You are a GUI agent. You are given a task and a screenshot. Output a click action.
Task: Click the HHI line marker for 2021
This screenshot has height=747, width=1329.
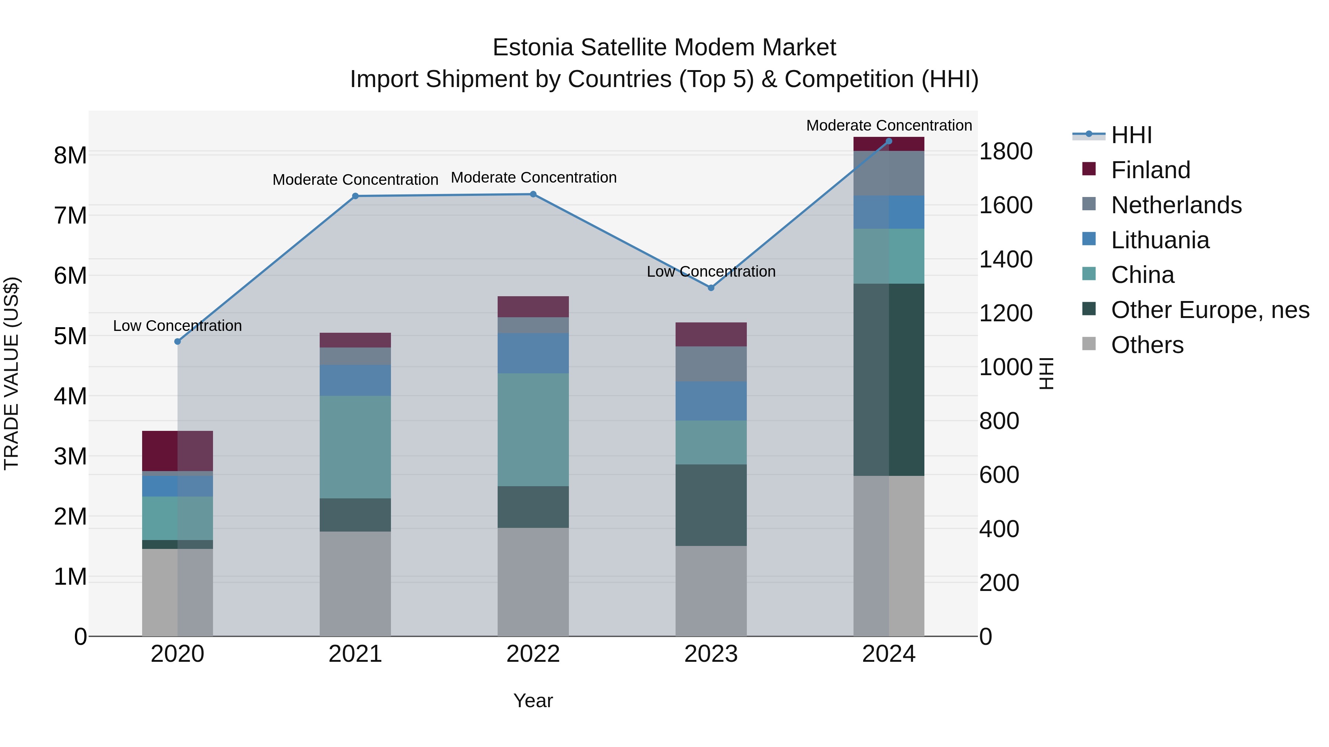point(355,196)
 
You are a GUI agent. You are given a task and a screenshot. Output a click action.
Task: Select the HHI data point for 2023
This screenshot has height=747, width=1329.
point(711,288)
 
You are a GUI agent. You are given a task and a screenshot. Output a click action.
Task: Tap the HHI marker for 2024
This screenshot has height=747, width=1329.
point(889,141)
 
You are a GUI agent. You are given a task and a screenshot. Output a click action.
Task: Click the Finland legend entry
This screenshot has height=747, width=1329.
point(1150,170)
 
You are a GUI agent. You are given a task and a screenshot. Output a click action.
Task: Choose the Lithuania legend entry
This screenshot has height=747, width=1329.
point(1160,240)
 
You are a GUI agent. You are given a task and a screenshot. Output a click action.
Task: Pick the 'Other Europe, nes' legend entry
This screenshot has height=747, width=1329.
point(1210,310)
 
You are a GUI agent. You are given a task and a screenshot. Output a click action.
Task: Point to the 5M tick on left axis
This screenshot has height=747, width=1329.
point(70,336)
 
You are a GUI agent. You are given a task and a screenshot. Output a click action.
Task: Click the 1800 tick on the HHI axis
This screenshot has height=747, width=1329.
point(1006,152)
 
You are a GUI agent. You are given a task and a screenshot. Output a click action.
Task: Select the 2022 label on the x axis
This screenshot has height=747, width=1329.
point(533,654)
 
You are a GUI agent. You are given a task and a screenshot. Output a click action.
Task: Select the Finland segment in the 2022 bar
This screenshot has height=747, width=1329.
point(533,307)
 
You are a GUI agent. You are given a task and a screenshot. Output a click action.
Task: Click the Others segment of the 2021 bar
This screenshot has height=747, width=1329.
point(355,583)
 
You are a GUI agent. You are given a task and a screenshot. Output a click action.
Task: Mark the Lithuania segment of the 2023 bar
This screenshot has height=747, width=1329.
point(711,401)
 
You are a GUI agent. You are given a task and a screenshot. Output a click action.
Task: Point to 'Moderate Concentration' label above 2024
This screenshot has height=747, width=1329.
point(889,125)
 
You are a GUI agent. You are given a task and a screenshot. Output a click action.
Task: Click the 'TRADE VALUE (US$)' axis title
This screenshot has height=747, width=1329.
point(11,373)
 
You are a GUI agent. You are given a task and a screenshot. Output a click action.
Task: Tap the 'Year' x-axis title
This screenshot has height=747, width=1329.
point(533,701)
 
